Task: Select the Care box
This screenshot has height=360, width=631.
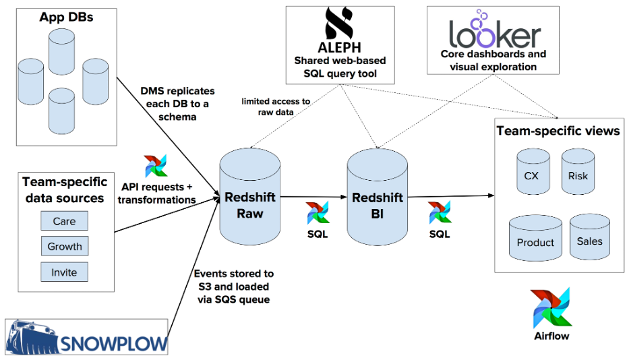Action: point(64,221)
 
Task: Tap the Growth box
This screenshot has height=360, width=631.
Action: point(64,247)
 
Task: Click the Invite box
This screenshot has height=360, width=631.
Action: point(64,272)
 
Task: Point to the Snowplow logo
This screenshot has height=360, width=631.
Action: point(87,337)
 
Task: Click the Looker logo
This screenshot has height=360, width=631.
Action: point(494,30)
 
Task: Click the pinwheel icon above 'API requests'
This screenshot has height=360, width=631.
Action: point(156,166)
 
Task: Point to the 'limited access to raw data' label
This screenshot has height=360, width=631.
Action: point(276,107)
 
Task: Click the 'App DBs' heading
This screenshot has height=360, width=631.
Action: point(66,17)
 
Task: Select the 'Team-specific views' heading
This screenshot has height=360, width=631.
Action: point(558,131)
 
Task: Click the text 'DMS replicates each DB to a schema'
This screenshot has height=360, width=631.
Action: point(177,103)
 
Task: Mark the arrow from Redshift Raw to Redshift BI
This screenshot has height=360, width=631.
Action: point(313,197)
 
